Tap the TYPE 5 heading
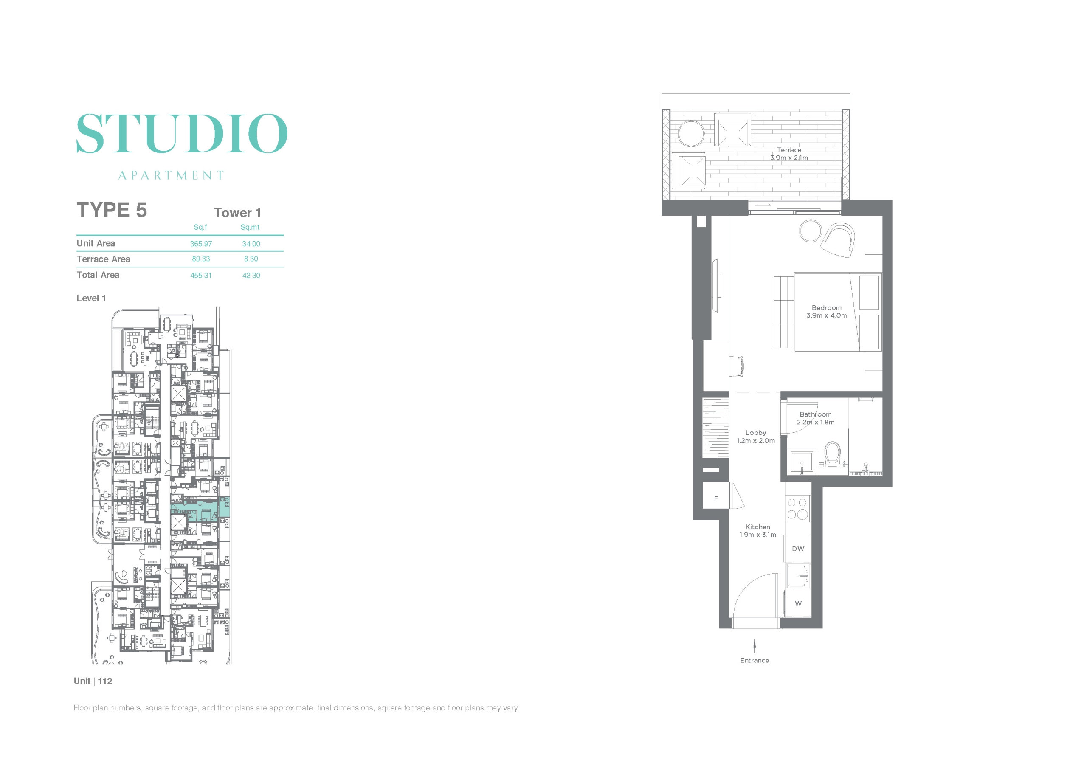(112, 210)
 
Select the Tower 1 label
(237, 213)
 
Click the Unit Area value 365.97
(201, 244)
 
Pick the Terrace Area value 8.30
(251, 259)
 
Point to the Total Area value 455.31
(201, 276)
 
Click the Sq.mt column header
(250, 227)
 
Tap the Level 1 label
(91, 299)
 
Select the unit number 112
(105, 681)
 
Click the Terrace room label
(789, 149)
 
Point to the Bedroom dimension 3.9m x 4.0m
(827, 315)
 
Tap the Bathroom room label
(816, 414)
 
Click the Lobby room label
(756, 433)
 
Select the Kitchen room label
(758, 527)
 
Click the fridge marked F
(715, 496)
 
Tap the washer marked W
(798, 604)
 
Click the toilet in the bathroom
(832, 454)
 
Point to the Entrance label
(755, 661)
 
